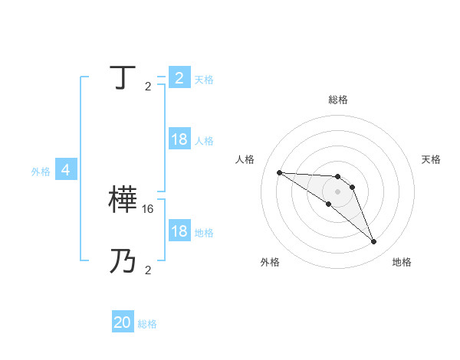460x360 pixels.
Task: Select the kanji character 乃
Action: pyautogui.click(x=123, y=262)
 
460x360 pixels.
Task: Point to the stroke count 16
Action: pyautogui.click(x=149, y=208)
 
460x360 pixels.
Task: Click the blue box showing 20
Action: pyautogui.click(x=123, y=322)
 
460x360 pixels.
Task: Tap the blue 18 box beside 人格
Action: pyautogui.click(x=179, y=139)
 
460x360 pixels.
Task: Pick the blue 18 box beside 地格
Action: pyautogui.click(x=179, y=231)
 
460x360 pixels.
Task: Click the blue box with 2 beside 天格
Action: pyautogui.click(x=179, y=78)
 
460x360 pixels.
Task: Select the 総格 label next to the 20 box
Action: pyautogui.click(x=147, y=324)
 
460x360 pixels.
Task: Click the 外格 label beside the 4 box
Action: pyautogui.click(x=41, y=172)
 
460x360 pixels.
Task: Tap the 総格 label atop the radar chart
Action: pyautogui.click(x=338, y=100)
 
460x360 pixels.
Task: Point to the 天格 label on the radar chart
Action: pyautogui.click(x=432, y=159)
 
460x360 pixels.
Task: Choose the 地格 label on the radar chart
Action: pyautogui.click(x=402, y=262)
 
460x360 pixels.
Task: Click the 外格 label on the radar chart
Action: pyautogui.click(x=270, y=262)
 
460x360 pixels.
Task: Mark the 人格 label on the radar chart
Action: pyautogui.click(x=245, y=159)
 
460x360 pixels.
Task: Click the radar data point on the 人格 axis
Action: pyautogui.click(x=279, y=172)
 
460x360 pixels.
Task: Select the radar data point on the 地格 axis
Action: pyautogui.click(x=373, y=242)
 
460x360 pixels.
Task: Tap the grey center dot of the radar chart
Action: pyautogui.click(x=337, y=191)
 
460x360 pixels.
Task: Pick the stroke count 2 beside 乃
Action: pyautogui.click(x=148, y=270)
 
